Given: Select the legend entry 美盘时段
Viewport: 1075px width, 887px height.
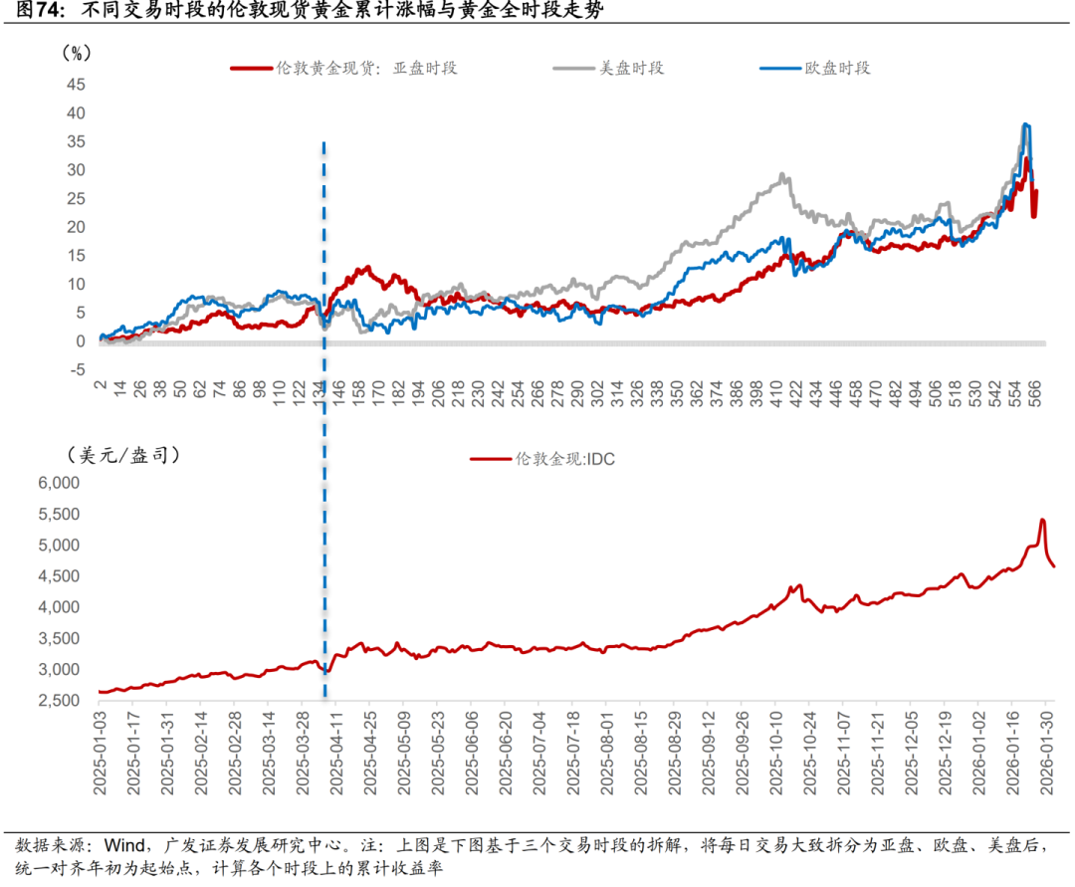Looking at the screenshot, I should pyautogui.click(x=630, y=68).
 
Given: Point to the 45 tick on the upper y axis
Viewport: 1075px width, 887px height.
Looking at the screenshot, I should pyautogui.click(x=77, y=85).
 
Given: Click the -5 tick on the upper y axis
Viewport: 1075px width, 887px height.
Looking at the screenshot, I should pyautogui.click(x=77, y=370).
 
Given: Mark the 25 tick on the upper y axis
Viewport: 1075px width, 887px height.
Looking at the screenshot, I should pyautogui.click(x=77, y=199).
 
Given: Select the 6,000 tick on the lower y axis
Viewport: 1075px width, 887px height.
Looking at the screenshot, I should pyautogui.click(x=59, y=483).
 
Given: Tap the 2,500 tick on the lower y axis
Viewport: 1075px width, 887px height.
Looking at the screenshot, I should pyautogui.click(x=59, y=701).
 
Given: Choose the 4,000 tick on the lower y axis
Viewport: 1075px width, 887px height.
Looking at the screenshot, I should pyautogui.click(x=59, y=607).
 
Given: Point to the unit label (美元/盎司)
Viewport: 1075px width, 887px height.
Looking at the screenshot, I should pyautogui.click(x=124, y=455).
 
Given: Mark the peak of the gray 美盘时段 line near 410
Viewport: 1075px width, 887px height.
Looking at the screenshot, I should pyautogui.click(x=783, y=174).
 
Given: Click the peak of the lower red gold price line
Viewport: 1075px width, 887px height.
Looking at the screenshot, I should pyautogui.click(x=1042, y=520).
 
